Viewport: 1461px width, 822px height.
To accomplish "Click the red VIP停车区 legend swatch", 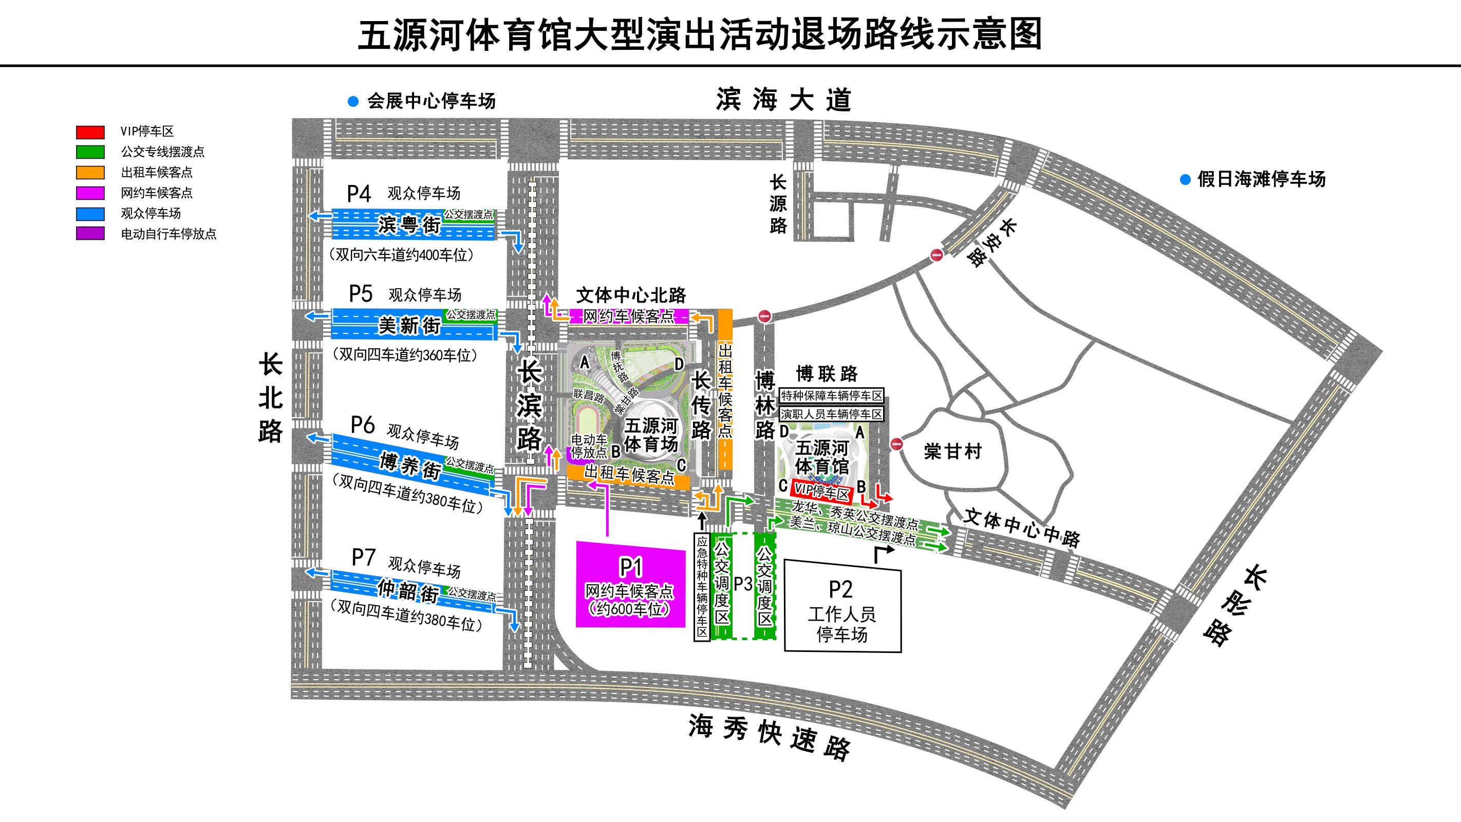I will coord(90,132).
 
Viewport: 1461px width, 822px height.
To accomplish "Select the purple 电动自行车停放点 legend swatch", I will coord(90,234).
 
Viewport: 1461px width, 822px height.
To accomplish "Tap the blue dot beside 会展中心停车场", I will coord(353,102).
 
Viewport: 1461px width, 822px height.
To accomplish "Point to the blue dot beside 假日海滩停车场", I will coord(1185,180).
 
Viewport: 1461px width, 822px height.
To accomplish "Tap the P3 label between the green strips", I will coord(743,584).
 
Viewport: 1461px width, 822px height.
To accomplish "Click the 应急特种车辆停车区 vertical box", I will coord(702,587).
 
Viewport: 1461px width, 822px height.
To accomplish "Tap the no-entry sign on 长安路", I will coord(936,255).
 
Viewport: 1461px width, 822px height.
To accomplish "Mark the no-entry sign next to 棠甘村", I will coord(896,443).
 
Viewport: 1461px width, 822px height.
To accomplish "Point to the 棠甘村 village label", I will coord(952,452).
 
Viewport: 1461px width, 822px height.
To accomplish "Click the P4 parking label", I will coord(359,194).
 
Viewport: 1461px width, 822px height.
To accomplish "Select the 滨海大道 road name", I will coord(783,100).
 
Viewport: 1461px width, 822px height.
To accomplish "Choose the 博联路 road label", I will coord(827,374).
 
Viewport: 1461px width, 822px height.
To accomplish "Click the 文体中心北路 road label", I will coord(631,295).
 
